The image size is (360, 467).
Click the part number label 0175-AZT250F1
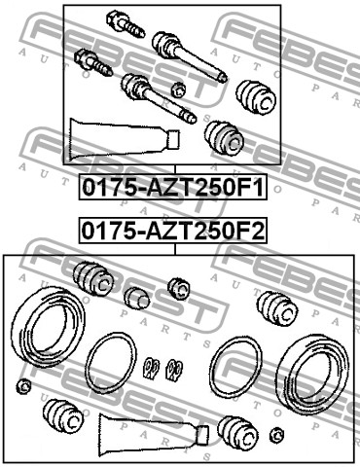(173, 187)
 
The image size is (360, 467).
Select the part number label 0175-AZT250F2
(173, 231)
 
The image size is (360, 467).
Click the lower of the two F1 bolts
(93, 63)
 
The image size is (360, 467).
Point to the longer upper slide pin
(189, 56)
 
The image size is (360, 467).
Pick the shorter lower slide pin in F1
(159, 98)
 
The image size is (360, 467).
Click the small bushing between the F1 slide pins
(178, 90)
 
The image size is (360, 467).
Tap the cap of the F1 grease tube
(173, 140)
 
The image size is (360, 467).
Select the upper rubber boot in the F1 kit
(256, 97)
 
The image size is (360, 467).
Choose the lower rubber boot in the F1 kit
(225, 137)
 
